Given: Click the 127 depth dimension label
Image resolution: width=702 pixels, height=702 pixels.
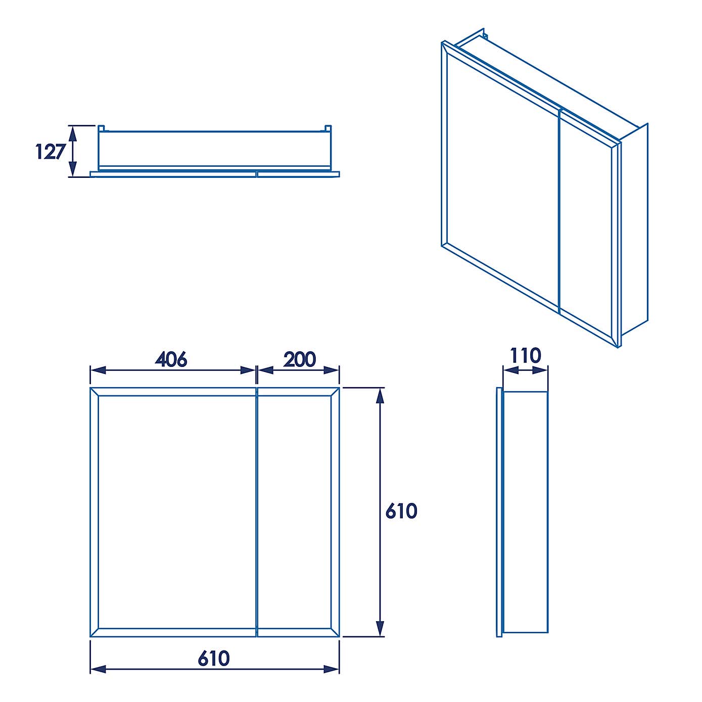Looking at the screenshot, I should (51, 152).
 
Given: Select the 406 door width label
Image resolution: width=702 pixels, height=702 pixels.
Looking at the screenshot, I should (171, 359).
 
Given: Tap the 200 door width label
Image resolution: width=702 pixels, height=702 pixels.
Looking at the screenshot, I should (299, 359).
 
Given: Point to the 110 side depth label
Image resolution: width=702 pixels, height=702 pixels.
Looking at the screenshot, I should (525, 356).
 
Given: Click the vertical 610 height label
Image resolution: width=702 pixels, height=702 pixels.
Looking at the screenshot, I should (401, 511).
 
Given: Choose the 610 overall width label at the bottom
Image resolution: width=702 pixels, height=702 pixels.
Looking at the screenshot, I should (214, 659).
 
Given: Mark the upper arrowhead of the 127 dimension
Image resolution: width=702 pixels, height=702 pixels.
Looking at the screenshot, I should (73, 133).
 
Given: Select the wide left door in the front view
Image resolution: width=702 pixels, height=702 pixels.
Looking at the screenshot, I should (173, 512).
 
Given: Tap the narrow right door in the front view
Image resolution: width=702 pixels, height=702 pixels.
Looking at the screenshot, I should (298, 512).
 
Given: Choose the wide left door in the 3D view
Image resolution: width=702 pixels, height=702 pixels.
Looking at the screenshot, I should (500, 177).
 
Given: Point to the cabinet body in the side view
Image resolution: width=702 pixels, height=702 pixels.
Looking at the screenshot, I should (526, 512).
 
